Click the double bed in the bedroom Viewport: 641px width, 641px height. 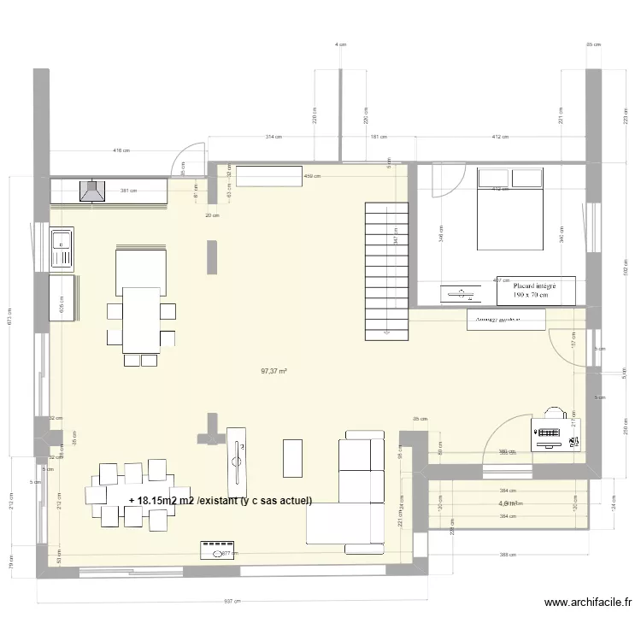pos(509,209)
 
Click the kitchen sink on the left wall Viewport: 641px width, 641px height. pos(62,248)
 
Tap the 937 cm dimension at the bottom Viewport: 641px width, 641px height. pos(230,602)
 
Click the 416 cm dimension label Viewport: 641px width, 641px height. pos(121,150)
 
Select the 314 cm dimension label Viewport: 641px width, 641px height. pos(273,137)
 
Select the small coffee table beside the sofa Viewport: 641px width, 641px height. pos(293,457)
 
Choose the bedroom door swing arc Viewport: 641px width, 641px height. pos(443,179)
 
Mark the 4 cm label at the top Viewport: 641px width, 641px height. pos(340,44)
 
